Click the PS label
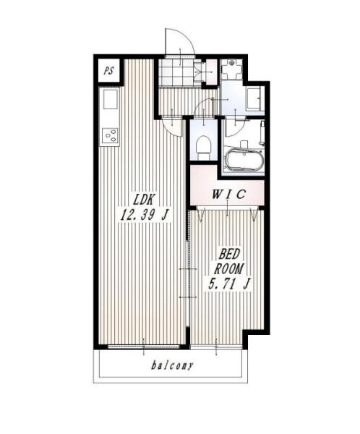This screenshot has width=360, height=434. pyautogui.click(x=109, y=71)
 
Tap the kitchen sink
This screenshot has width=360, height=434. pyautogui.click(x=111, y=99)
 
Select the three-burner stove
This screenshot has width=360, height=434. pyautogui.click(x=110, y=135)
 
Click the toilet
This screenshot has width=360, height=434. pyautogui.click(x=202, y=148)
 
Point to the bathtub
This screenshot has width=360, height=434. pyautogui.click(x=244, y=161)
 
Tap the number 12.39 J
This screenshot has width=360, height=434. pyautogui.click(x=144, y=215)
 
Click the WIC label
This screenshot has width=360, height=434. pyautogui.click(x=228, y=195)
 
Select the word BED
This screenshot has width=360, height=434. pyautogui.click(x=228, y=254)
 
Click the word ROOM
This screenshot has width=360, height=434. pyautogui.click(x=229, y=269)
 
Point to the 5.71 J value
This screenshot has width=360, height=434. pyautogui.click(x=229, y=284)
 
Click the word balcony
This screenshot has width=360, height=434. pyautogui.click(x=172, y=365)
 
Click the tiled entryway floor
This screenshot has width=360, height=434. pyautogui.click(x=176, y=72)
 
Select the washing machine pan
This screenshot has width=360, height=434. pyautogui.click(x=231, y=69)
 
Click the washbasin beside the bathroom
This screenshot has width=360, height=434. pyautogui.click(x=254, y=99)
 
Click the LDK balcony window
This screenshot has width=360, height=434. pyautogui.click(x=143, y=346)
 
